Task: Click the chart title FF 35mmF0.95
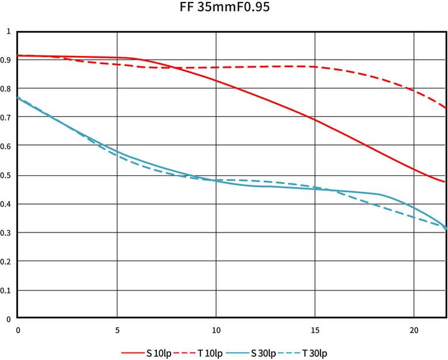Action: [225, 8]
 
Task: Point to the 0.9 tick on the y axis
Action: [7, 60]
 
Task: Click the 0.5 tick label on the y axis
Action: [7, 175]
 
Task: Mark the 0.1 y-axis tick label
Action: [7, 290]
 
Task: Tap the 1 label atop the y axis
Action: [8, 31]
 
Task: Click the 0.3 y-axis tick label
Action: [7, 233]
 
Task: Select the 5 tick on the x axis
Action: [117, 330]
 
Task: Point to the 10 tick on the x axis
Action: [216, 330]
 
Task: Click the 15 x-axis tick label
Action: [315, 330]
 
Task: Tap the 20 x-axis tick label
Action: [414, 330]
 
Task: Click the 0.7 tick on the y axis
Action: [7, 118]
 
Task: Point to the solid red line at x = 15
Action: [315, 119]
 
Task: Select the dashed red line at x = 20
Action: [414, 91]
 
